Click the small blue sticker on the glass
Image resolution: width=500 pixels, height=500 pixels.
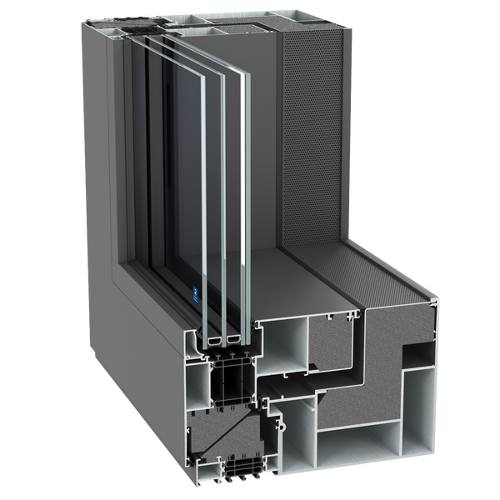pos(191,293)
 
